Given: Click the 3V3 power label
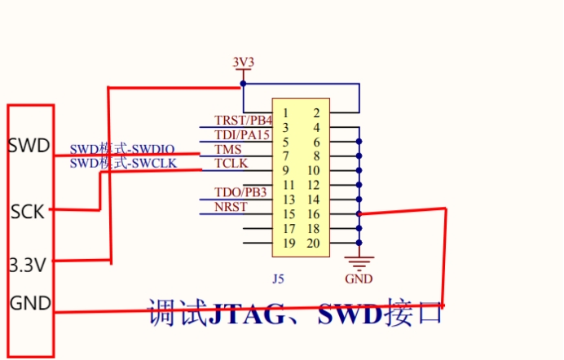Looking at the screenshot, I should [x=243, y=63].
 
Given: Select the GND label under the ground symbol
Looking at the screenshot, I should [x=359, y=279].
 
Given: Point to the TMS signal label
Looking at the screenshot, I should [x=227, y=150].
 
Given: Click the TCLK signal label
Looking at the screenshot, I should [x=231, y=164].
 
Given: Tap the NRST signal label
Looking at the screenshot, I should [x=230, y=206].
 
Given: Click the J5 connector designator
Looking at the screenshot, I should [x=279, y=279].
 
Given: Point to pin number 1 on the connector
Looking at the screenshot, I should [x=285, y=112].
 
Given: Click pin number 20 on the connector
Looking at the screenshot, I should [x=313, y=244].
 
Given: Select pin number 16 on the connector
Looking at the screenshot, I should [x=313, y=214].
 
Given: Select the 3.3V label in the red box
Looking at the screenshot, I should [x=28, y=265].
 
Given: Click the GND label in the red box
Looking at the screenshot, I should [x=29, y=303].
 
